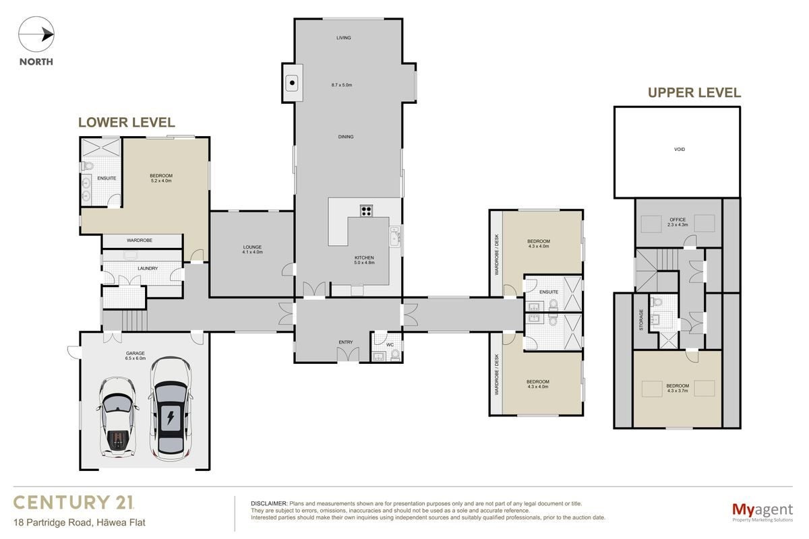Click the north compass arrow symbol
[x=36, y=34]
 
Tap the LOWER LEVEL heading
[x=127, y=123]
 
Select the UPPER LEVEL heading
[x=694, y=93]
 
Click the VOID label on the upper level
[x=680, y=149]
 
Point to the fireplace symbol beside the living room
[x=292, y=83]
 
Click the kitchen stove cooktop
[x=366, y=210]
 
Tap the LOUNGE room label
[x=252, y=247]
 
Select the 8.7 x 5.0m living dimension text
[x=342, y=85]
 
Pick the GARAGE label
[x=136, y=353]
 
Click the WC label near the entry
[x=390, y=345]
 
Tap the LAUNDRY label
[x=148, y=268]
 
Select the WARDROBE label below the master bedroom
[x=140, y=240]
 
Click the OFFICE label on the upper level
[x=678, y=220]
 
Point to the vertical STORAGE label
[x=641, y=320]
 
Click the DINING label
[x=346, y=137]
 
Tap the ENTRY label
[x=346, y=342]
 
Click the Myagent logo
[x=762, y=513]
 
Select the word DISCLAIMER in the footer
[x=269, y=503]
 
